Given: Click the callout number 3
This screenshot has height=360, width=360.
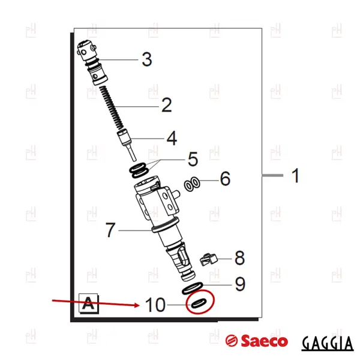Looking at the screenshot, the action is [x=147, y=59].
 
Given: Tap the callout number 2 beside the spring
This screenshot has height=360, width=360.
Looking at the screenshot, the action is [x=167, y=105].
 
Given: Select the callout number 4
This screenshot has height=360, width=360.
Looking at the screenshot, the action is [x=172, y=138].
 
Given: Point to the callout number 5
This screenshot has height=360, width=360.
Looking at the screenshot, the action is [x=193, y=159].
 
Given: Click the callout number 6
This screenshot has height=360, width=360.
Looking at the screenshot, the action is [x=225, y=178].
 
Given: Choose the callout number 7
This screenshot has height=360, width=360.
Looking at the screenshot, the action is [x=110, y=230].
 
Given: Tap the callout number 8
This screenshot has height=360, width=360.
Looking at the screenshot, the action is [x=239, y=257].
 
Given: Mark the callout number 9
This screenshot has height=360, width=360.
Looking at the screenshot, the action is [x=240, y=284].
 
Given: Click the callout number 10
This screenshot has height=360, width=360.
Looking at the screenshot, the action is [x=155, y=305].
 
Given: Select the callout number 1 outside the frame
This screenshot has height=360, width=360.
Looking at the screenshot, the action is [x=296, y=175].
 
